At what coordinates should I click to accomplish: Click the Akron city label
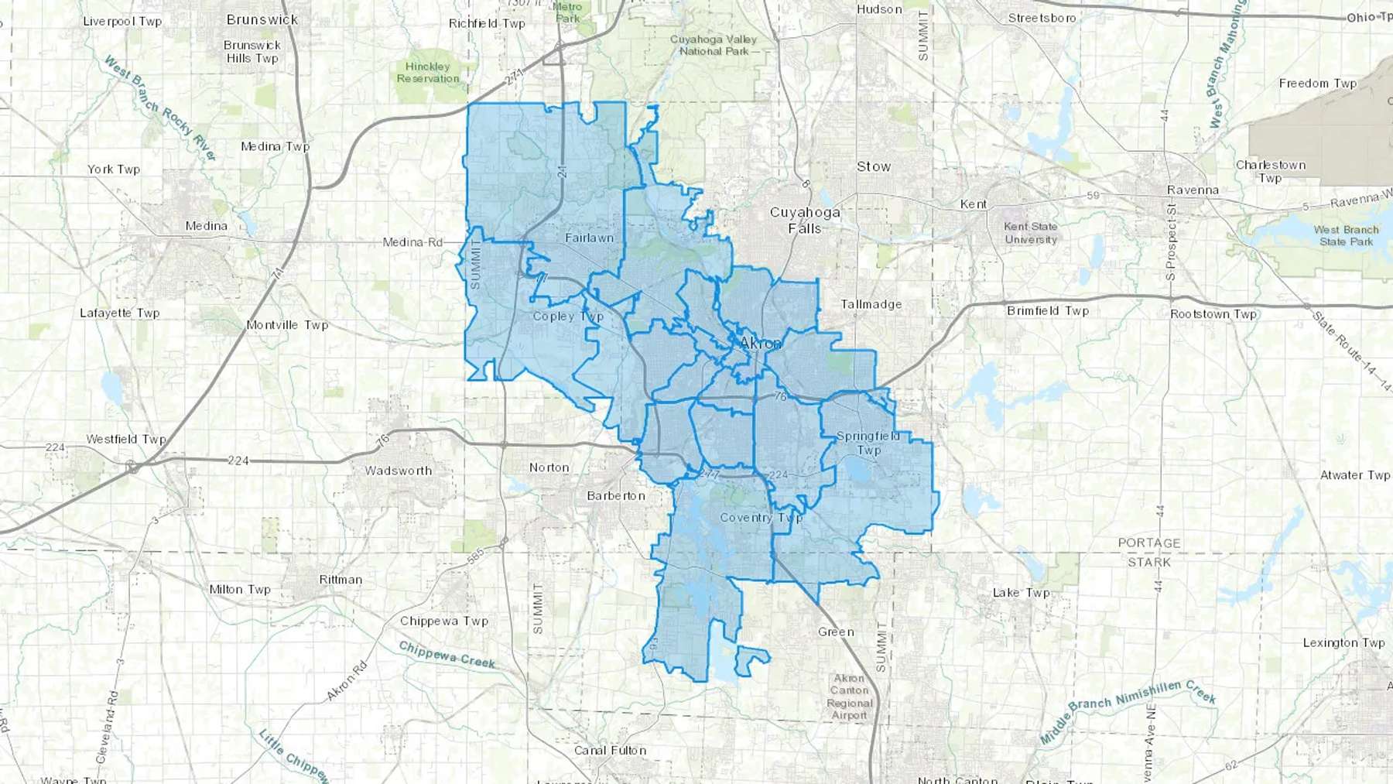[x=761, y=343]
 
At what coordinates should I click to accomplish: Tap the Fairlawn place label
[x=589, y=238]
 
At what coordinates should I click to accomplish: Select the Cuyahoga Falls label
[x=805, y=220]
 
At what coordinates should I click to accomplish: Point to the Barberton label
[x=616, y=495]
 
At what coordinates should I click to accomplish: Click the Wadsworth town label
[x=399, y=471]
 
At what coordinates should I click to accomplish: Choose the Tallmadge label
[x=871, y=304]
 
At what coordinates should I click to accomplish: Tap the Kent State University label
[x=1030, y=233]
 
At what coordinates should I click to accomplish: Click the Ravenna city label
[x=1193, y=190]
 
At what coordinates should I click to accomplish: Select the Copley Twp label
[x=568, y=316]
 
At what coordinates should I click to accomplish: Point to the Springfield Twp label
[x=868, y=443]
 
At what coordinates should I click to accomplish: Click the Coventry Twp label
[x=761, y=518]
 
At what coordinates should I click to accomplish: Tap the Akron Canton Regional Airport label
[x=849, y=697]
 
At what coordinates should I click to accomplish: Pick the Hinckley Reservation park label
[x=428, y=72]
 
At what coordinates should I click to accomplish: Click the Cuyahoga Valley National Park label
[x=714, y=45]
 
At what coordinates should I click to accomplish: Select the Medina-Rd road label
[x=412, y=242]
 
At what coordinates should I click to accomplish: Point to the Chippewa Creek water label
[x=447, y=653]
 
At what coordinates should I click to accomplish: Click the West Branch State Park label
[x=1346, y=235]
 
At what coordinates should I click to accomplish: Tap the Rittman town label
[x=341, y=580]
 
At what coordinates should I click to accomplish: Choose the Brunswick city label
[x=262, y=19]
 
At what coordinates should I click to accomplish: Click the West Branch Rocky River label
[x=160, y=108]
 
